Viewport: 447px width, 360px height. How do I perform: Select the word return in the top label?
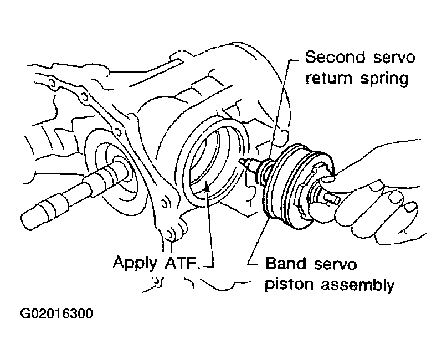[x=331, y=78]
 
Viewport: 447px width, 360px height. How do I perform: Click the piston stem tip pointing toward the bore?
[x=242, y=161]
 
